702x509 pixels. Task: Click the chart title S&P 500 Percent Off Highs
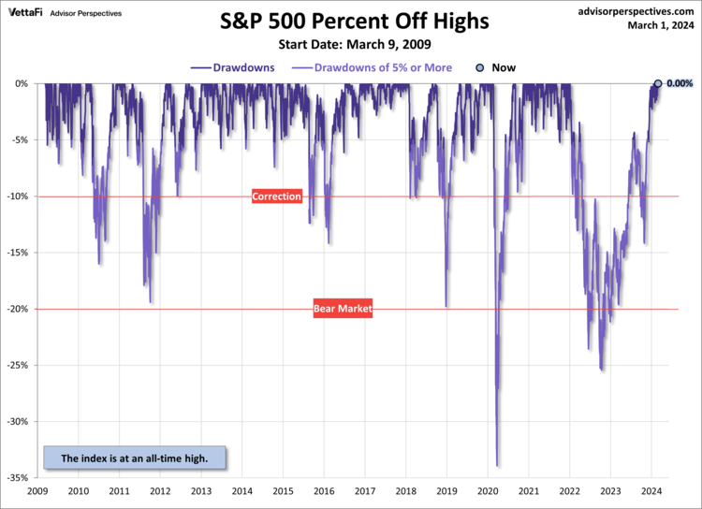(x=354, y=22)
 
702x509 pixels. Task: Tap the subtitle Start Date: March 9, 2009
(x=353, y=45)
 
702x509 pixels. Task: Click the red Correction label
(x=277, y=196)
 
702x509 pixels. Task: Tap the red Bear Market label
(x=343, y=308)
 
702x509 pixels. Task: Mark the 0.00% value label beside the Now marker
(x=680, y=84)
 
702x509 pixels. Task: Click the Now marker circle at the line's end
(x=658, y=84)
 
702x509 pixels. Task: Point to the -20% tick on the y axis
(x=19, y=309)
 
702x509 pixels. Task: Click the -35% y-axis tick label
(x=19, y=477)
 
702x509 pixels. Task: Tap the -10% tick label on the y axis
(x=19, y=196)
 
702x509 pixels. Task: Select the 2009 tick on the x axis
(x=37, y=490)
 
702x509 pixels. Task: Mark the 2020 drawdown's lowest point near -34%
(x=497, y=465)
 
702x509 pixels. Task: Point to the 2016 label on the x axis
(x=324, y=490)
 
